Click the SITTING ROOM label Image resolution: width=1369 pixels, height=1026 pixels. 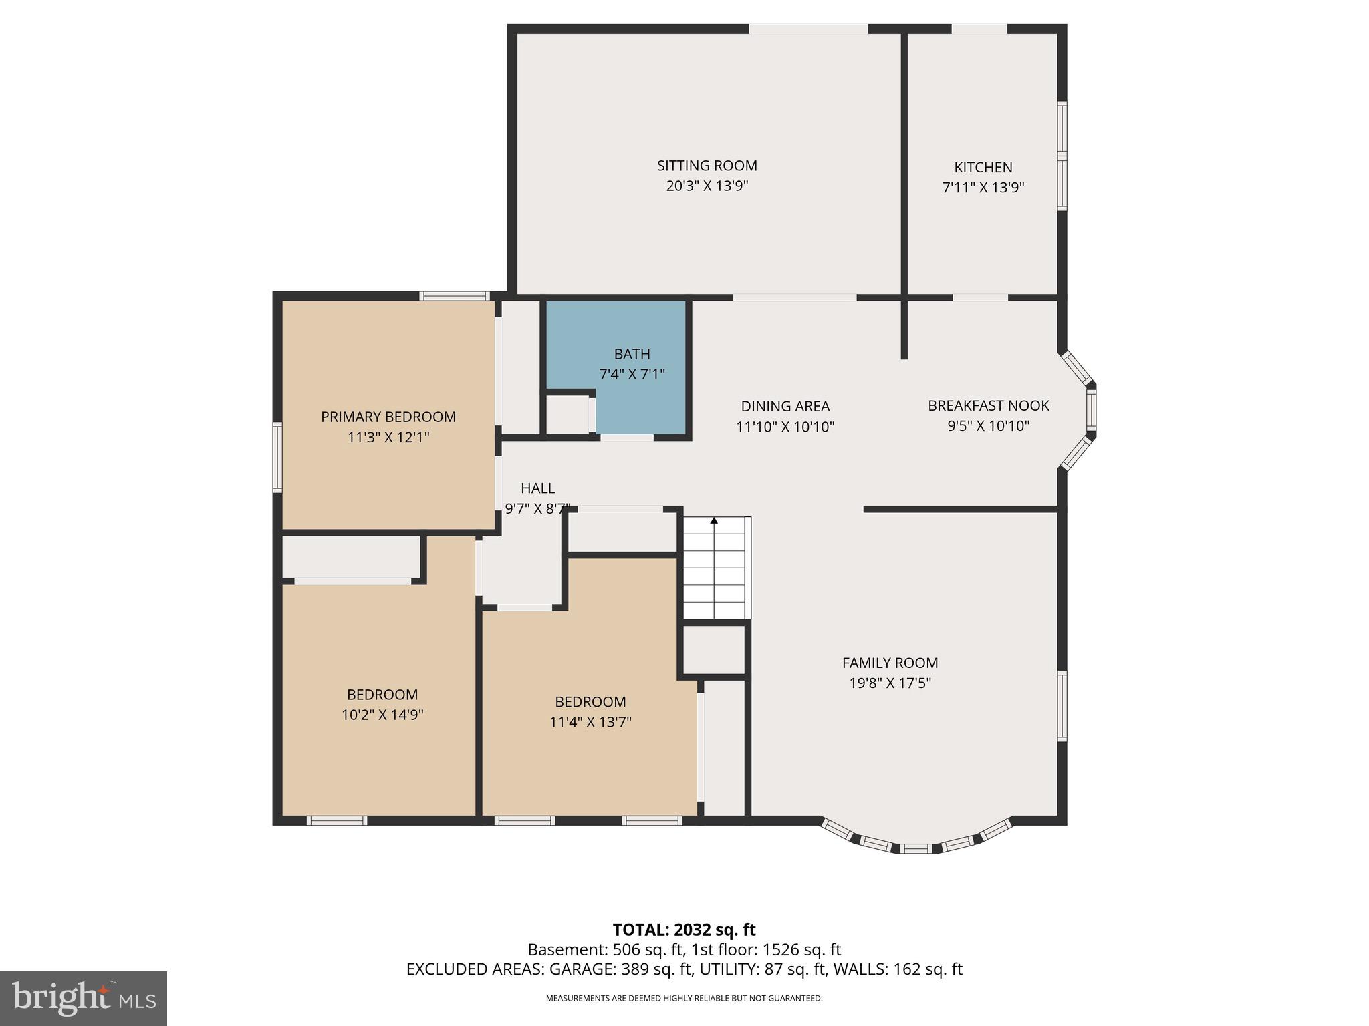(x=707, y=166)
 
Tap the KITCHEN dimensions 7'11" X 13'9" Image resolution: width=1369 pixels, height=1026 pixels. (x=983, y=188)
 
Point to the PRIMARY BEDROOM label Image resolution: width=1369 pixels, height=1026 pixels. (x=388, y=417)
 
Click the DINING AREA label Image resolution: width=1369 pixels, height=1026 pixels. (x=785, y=406)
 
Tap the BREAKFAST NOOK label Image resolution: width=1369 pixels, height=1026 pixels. (x=988, y=405)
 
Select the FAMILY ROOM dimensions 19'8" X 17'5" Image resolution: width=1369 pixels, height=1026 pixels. (x=889, y=683)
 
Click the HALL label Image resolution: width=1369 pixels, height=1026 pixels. (x=537, y=488)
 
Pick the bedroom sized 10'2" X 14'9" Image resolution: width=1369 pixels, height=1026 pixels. (x=382, y=705)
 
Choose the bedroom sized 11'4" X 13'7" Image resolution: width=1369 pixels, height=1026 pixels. (x=590, y=712)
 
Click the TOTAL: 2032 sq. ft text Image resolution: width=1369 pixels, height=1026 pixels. (x=684, y=930)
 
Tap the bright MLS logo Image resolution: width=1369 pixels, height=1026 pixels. (x=83, y=999)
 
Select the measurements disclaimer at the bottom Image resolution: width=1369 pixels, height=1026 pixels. (x=684, y=999)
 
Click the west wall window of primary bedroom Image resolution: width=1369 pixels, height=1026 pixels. (x=277, y=458)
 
